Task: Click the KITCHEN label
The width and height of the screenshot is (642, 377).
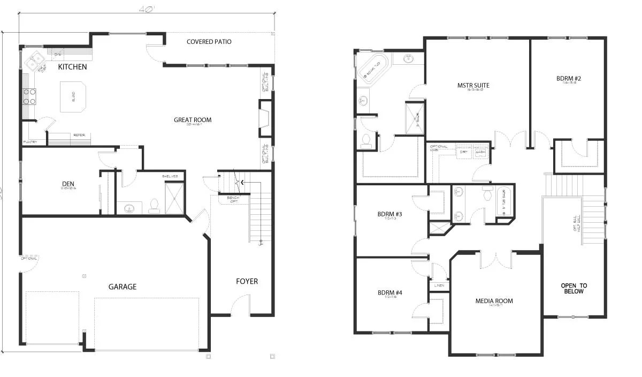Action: point(72,67)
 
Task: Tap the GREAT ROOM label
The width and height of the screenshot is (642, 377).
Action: point(193,120)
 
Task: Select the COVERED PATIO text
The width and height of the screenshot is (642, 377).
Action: point(209,42)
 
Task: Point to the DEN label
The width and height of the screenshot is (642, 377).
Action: point(67,184)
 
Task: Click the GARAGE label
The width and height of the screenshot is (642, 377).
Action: point(123,287)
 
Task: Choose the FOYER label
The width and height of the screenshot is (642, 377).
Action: point(247,281)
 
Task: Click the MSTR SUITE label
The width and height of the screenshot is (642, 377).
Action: point(473,85)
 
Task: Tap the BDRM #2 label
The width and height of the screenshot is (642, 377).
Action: point(568,78)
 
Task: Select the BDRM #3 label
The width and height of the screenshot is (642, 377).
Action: point(389,214)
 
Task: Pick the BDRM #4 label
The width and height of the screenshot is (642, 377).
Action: point(389,292)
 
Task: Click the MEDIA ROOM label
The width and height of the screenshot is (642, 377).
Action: point(494,301)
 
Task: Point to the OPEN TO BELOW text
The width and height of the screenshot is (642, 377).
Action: point(574,288)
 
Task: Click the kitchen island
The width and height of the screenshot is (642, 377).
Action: point(73,97)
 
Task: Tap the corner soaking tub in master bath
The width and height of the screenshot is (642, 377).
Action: point(373,67)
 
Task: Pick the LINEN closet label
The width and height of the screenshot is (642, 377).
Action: point(439,285)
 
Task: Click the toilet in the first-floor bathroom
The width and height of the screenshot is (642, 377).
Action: point(155,206)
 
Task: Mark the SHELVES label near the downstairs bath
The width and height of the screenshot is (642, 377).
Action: point(170,176)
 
